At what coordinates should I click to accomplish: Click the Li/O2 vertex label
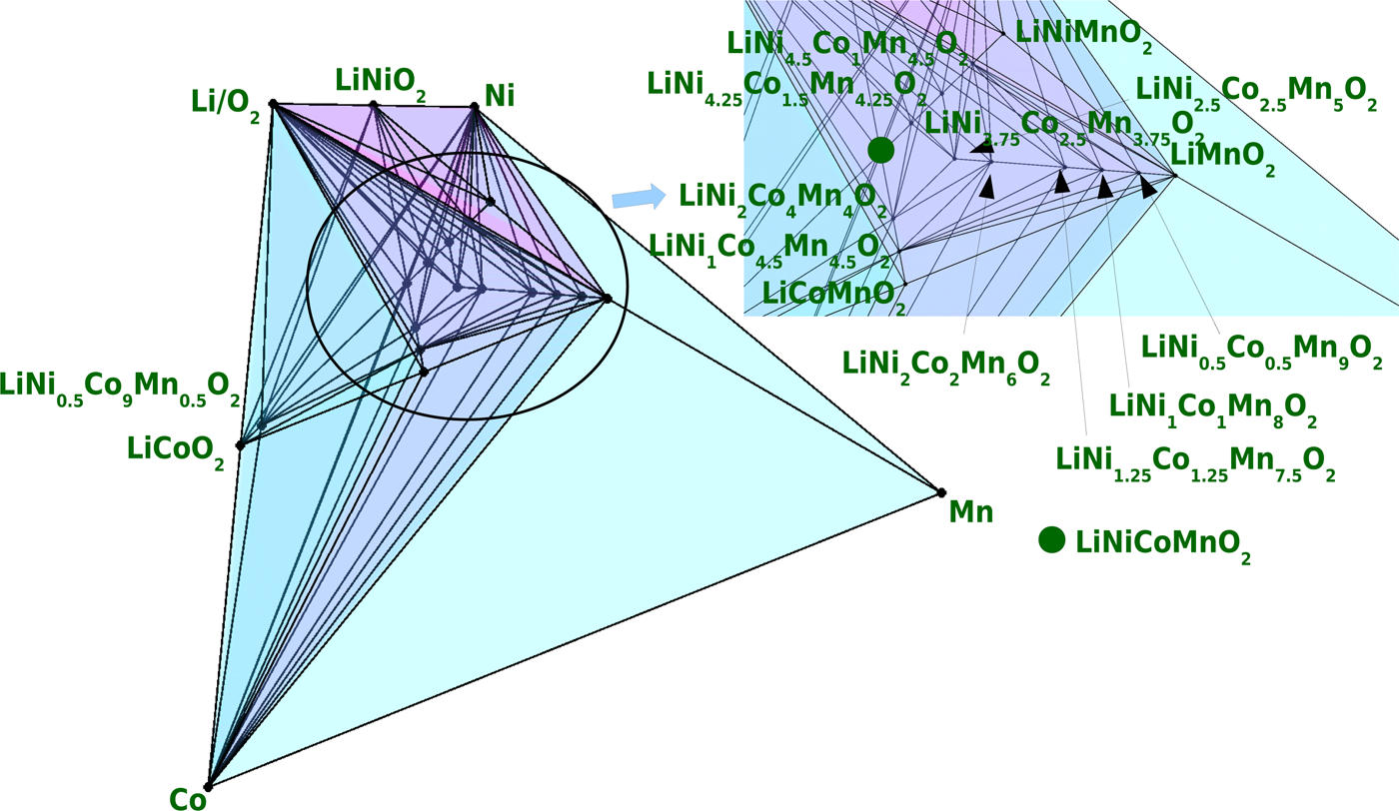[226, 104]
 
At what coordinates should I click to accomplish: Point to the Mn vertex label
[970, 512]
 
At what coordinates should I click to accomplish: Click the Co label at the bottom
[188, 798]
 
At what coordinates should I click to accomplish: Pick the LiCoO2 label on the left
[177, 451]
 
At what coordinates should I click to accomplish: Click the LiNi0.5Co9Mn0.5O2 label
[120, 388]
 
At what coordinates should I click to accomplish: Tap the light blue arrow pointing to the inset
[638, 195]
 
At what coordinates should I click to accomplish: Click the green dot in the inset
[880, 150]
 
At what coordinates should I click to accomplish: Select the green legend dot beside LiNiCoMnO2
[1051, 540]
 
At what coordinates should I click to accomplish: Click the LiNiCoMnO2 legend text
[1163, 545]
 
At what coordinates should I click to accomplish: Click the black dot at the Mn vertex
[940, 491]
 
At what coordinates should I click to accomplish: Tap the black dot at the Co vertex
[208, 785]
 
